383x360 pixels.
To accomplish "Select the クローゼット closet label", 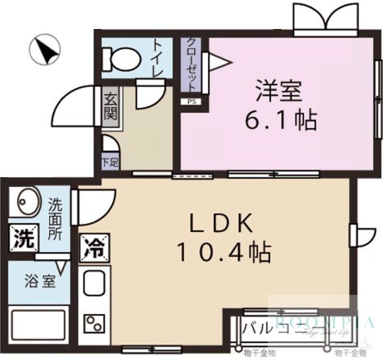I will coord(194,66).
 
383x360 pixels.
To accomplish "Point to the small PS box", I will coord(191,101).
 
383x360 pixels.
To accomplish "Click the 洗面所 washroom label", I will coord(56,215).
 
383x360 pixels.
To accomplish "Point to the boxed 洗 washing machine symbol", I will coord(23,239).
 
